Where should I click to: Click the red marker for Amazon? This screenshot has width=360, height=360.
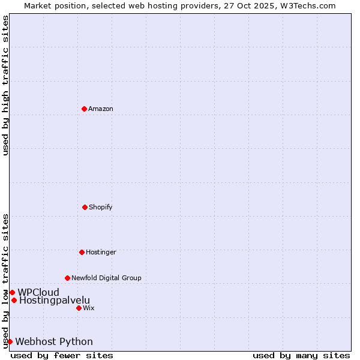click(x=84, y=109)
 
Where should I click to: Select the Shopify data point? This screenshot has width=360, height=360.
click(x=85, y=207)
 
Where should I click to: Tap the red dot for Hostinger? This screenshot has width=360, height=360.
click(x=82, y=252)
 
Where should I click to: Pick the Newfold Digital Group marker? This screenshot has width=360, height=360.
click(x=67, y=278)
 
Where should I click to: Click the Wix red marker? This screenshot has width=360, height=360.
click(x=79, y=308)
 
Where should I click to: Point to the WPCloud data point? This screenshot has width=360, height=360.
click(x=12, y=292)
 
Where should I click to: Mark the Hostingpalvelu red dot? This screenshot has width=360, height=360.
click(x=14, y=300)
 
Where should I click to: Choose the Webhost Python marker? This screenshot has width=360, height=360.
click(x=10, y=341)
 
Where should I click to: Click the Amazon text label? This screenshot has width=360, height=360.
click(x=101, y=109)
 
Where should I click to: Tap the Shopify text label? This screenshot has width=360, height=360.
click(x=101, y=207)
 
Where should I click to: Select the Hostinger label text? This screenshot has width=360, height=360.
click(x=101, y=252)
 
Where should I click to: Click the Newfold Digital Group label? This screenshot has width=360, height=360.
click(x=106, y=278)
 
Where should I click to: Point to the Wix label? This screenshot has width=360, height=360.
click(x=89, y=308)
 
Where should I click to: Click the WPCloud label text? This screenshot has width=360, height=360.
click(x=38, y=292)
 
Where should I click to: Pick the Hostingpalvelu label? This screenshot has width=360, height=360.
click(x=55, y=300)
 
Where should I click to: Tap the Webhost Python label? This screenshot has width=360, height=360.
click(x=54, y=341)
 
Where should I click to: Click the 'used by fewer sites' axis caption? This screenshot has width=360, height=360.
click(x=62, y=355)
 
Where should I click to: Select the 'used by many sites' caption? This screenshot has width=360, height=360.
click(x=301, y=355)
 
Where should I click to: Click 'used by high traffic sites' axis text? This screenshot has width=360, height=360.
click(x=5, y=85)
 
